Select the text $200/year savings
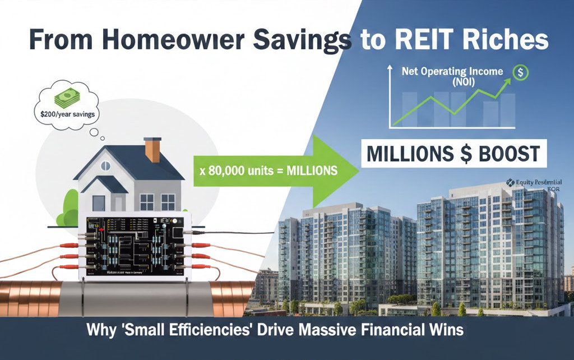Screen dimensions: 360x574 point(63,114)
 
